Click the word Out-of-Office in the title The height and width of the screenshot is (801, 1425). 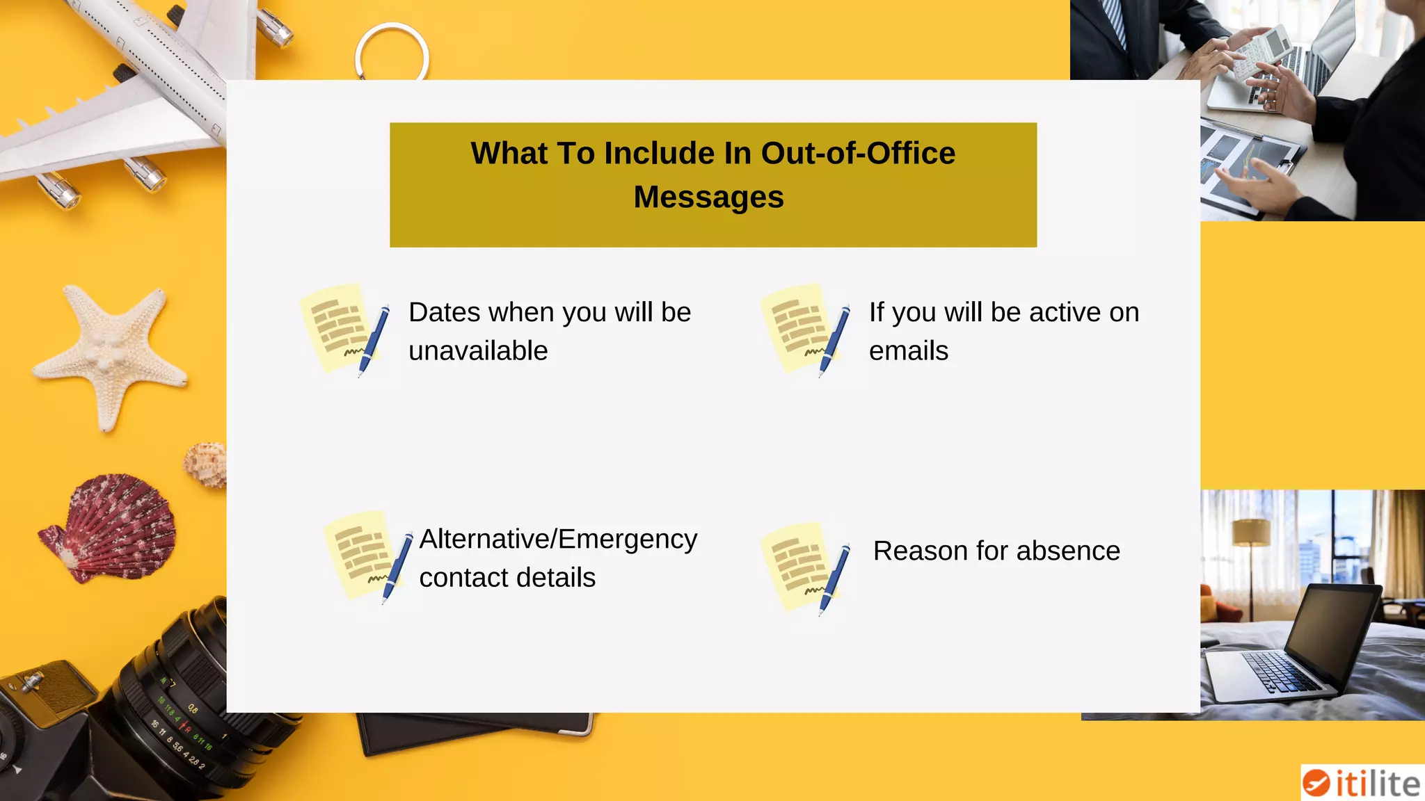[858, 154]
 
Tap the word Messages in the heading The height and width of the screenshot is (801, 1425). [708, 197]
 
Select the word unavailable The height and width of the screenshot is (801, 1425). [478, 351]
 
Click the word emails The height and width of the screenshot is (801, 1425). [908, 351]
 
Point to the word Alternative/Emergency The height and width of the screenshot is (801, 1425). [558, 540]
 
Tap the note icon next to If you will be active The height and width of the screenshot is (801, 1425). [805, 329]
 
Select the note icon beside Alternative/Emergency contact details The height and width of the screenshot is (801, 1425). [368, 556]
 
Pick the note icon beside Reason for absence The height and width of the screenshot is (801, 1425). [805, 568]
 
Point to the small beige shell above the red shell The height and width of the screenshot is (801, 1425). [206, 464]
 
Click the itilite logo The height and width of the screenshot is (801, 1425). [1362, 783]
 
